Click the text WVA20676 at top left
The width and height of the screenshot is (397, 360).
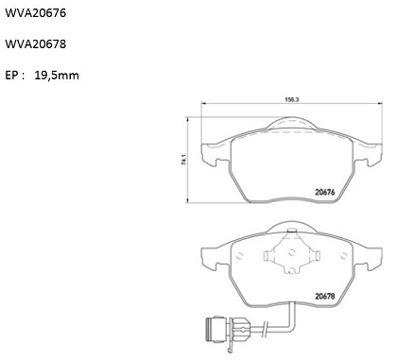point(36,13)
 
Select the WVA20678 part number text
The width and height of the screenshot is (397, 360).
point(36,44)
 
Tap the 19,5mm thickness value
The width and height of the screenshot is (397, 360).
point(57,76)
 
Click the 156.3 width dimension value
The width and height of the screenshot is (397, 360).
point(292,99)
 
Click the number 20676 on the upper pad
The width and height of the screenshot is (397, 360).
point(325,192)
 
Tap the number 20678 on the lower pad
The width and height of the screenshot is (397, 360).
point(325,297)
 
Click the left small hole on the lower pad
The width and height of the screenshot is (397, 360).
point(239,255)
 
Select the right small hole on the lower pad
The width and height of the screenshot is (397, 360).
point(344,256)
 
